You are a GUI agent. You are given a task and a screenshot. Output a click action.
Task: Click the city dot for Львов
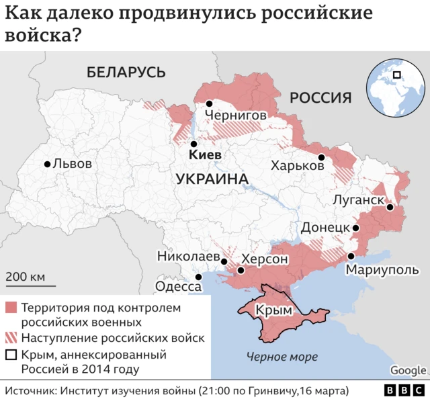pyautogui.click(x=47, y=164)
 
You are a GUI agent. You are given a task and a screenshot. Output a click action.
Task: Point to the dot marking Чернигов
pyautogui.click(x=210, y=103)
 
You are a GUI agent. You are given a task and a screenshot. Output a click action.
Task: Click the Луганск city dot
pyautogui.click(x=389, y=208)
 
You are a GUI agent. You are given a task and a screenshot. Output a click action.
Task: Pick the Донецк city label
pyautogui.click(x=325, y=228)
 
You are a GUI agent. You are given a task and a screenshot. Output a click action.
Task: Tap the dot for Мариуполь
pyautogui.click(x=350, y=257)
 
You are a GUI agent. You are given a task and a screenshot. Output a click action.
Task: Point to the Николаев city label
pyautogui.click(x=188, y=257)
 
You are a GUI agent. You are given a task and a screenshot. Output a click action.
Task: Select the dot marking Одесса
pyautogui.click(x=198, y=277)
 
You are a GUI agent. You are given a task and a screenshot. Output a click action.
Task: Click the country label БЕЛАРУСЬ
pyautogui.click(x=126, y=72)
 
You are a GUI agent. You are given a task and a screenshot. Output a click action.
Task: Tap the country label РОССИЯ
pyautogui.click(x=320, y=98)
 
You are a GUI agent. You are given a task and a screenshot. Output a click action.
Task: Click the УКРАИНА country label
pyautogui.click(x=211, y=179)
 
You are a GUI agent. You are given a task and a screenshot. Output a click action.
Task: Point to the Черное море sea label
pyautogui.click(x=282, y=357)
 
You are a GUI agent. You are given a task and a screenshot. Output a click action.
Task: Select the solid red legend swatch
pyautogui.click(x=11, y=308)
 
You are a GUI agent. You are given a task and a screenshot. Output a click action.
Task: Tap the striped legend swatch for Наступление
pyautogui.click(x=11, y=338)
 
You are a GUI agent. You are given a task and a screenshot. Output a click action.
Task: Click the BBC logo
pyautogui.click(x=404, y=390)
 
